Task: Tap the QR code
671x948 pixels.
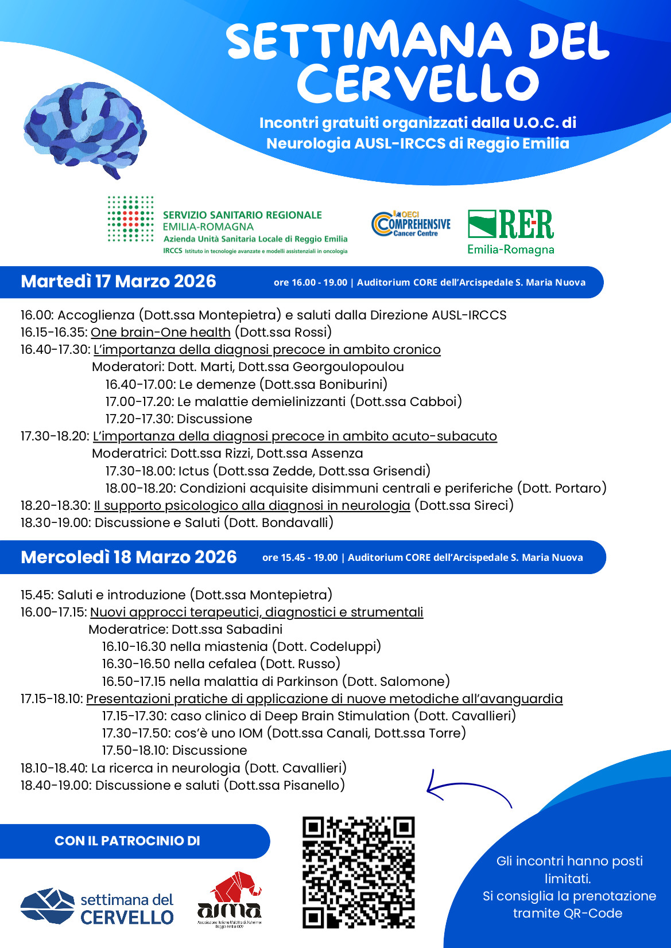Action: (358, 872)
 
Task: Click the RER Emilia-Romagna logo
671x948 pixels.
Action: (511, 232)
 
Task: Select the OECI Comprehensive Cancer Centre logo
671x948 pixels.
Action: (411, 224)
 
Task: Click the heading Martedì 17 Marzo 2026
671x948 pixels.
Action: (118, 282)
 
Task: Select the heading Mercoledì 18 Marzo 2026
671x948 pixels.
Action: (129, 557)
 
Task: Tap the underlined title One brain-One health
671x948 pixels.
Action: (161, 333)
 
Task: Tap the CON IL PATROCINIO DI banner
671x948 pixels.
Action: (127, 841)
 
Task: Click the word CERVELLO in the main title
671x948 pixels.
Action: (418, 84)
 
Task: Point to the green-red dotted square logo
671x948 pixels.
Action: (131, 219)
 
